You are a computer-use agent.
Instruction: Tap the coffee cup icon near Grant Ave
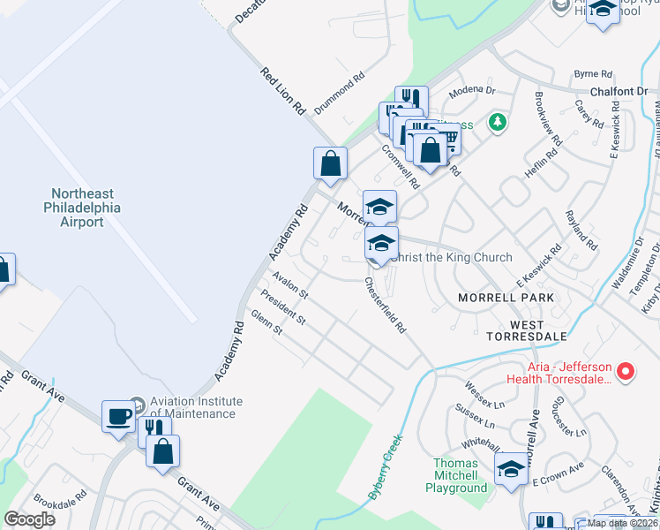point(118,416)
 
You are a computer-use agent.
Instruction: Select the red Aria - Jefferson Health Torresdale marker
point(626,372)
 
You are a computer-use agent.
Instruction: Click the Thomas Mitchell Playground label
point(456,475)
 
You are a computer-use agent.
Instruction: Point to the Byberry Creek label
point(386,465)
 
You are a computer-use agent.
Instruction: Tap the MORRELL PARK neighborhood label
point(506,298)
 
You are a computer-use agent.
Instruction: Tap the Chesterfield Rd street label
point(386,306)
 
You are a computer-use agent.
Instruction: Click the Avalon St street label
point(289,284)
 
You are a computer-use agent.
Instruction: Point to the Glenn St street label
point(266,322)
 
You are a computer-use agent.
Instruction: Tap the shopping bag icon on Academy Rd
point(330,163)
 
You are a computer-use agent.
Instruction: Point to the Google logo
point(30,519)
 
